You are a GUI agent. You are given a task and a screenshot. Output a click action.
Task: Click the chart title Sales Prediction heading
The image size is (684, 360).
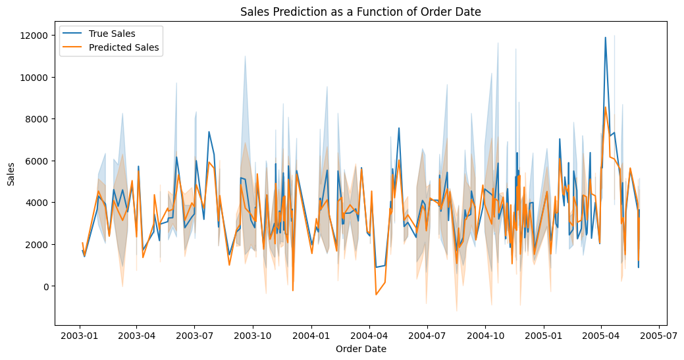(360, 12)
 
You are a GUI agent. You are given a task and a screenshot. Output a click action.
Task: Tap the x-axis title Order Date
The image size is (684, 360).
(361, 349)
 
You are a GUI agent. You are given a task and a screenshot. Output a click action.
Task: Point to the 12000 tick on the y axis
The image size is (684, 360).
(37, 35)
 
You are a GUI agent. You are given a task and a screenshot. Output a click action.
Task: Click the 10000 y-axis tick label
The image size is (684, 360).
(37, 77)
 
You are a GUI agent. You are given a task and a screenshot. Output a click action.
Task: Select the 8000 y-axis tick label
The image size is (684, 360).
(39, 119)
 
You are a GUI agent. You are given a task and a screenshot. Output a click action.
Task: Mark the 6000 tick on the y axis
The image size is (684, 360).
(39, 161)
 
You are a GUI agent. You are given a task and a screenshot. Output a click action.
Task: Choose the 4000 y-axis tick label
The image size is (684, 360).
(39, 203)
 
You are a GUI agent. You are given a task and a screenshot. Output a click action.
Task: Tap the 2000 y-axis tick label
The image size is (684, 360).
(39, 244)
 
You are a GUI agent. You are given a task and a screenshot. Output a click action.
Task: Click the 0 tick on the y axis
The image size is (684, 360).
(46, 286)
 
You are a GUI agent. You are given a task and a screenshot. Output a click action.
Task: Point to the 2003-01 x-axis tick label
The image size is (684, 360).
(80, 335)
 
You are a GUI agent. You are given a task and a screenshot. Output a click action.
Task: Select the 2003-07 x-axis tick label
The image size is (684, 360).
(194, 335)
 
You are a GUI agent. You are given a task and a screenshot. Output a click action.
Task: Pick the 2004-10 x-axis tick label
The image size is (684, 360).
(485, 335)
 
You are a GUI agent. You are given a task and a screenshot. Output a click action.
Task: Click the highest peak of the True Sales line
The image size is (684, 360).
(605, 38)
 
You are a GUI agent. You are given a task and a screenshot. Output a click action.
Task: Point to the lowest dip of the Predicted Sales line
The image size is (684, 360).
(376, 294)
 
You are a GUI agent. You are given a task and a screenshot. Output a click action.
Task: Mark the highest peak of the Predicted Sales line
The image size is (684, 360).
(606, 107)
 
